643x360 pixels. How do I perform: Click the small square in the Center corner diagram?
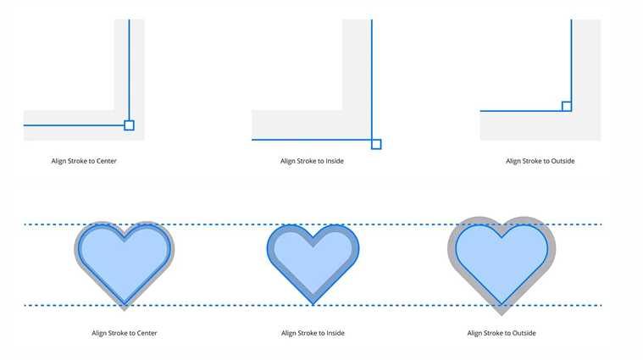pyautogui.click(x=129, y=125)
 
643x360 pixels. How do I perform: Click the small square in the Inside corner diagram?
pyautogui.click(x=376, y=144)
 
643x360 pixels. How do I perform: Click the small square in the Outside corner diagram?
pyautogui.click(x=567, y=106)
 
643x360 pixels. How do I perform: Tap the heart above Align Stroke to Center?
pyautogui.click(x=125, y=258)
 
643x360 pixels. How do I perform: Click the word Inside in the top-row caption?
pyautogui.click(x=334, y=161)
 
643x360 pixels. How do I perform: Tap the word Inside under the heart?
pyautogui.click(x=335, y=333)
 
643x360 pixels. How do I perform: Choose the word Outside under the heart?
pyautogui.click(x=524, y=333)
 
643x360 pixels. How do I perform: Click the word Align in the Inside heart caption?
pyautogui.click(x=290, y=333)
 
